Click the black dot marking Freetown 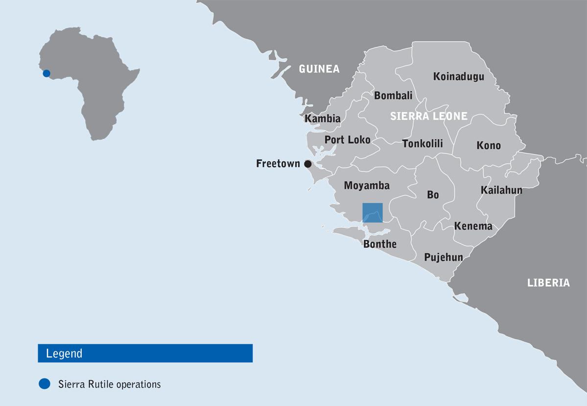(308, 164)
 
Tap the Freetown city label (278, 164)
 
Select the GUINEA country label (319, 69)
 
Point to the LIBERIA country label (548, 283)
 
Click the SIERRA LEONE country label (429, 117)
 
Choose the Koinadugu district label (459, 76)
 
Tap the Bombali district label (393, 96)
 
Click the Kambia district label (323, 119)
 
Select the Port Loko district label (348, 140)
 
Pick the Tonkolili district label (423, 143)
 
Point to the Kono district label (489, 145)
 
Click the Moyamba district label (367, 186)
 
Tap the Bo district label (433, 195)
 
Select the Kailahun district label (501, 190)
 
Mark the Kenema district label (473, 226)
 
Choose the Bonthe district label (380, 244)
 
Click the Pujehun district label (444, 257)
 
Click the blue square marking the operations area (373, 213)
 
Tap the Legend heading (64, 354)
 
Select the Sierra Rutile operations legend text (110, 384)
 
